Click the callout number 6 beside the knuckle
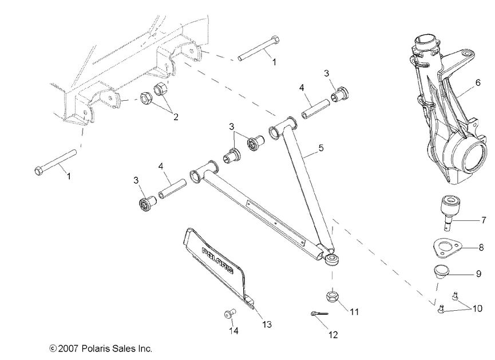tap(477, 82)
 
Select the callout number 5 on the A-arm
tap(321, 148)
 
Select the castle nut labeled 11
tap(332, 296)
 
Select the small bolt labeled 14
tap(229, 314)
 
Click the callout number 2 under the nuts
tap(176, 117)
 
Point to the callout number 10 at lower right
tap(476, 309)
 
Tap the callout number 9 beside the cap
tap(478, 275)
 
